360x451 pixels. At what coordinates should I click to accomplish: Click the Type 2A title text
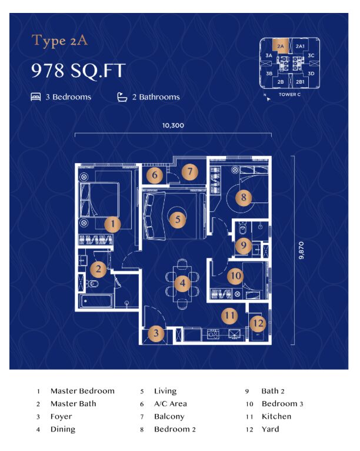point(60,41)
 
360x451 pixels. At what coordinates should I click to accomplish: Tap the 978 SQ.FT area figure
point(78,71)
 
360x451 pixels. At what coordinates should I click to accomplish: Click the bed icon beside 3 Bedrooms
point(36,97)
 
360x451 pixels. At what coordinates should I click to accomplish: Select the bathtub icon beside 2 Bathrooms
point(122,97)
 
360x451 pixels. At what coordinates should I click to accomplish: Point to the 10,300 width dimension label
point(173,125)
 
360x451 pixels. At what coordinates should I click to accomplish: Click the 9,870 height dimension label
point(301,250)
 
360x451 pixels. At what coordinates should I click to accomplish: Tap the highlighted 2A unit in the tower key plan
point(281,47)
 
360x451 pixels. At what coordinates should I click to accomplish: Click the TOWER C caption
point(289,94)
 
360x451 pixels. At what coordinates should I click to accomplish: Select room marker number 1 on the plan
point(112,224)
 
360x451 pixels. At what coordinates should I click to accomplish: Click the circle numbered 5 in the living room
point(178,220)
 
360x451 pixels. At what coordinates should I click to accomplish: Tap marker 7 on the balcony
point(189,172)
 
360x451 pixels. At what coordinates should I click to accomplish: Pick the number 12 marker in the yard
point(258,323)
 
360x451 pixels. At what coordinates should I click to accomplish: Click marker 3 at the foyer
point(156,333)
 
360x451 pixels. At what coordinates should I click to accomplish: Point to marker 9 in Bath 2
point(244,245)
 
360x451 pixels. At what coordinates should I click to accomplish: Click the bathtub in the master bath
point(96,301)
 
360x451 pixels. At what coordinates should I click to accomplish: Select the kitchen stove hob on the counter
point(213,334)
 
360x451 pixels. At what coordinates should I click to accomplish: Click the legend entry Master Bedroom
point(82,391)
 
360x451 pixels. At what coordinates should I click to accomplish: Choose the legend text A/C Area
point(171,403)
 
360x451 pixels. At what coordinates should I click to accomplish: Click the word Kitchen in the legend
point(276,416)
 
